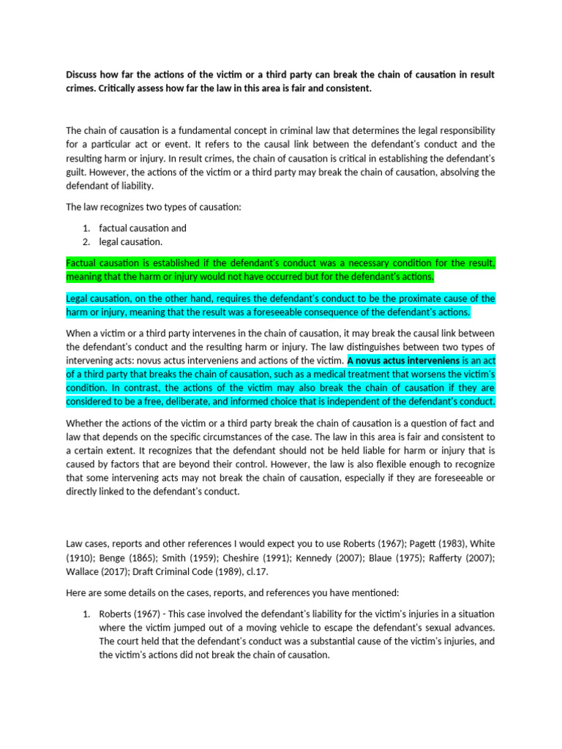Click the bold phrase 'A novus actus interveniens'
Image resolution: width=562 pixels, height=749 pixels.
point(403,361)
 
